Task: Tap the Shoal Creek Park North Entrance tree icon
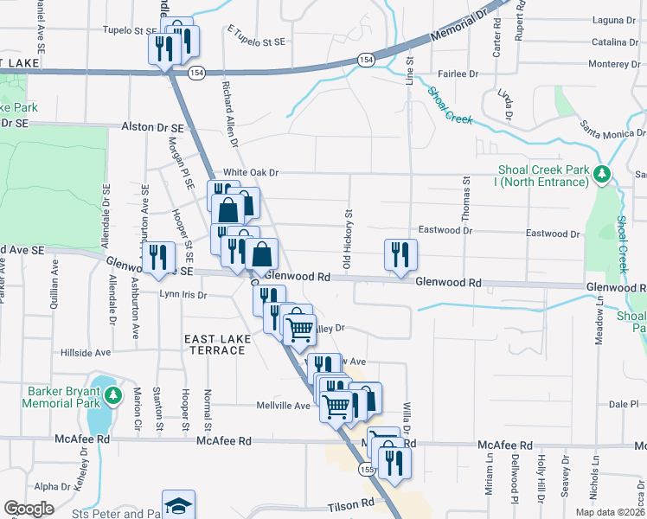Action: [603, 175]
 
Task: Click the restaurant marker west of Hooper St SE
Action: [157, 258]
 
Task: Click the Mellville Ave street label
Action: [283, 406]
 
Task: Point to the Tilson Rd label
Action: [350, 503]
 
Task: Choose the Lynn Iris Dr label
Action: [184, 295]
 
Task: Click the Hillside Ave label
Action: [86, 353]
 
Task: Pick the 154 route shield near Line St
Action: [366, 59]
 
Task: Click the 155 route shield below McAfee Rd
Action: [367, 468]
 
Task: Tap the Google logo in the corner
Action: [29, 509]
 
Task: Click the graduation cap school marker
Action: [179, 505]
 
